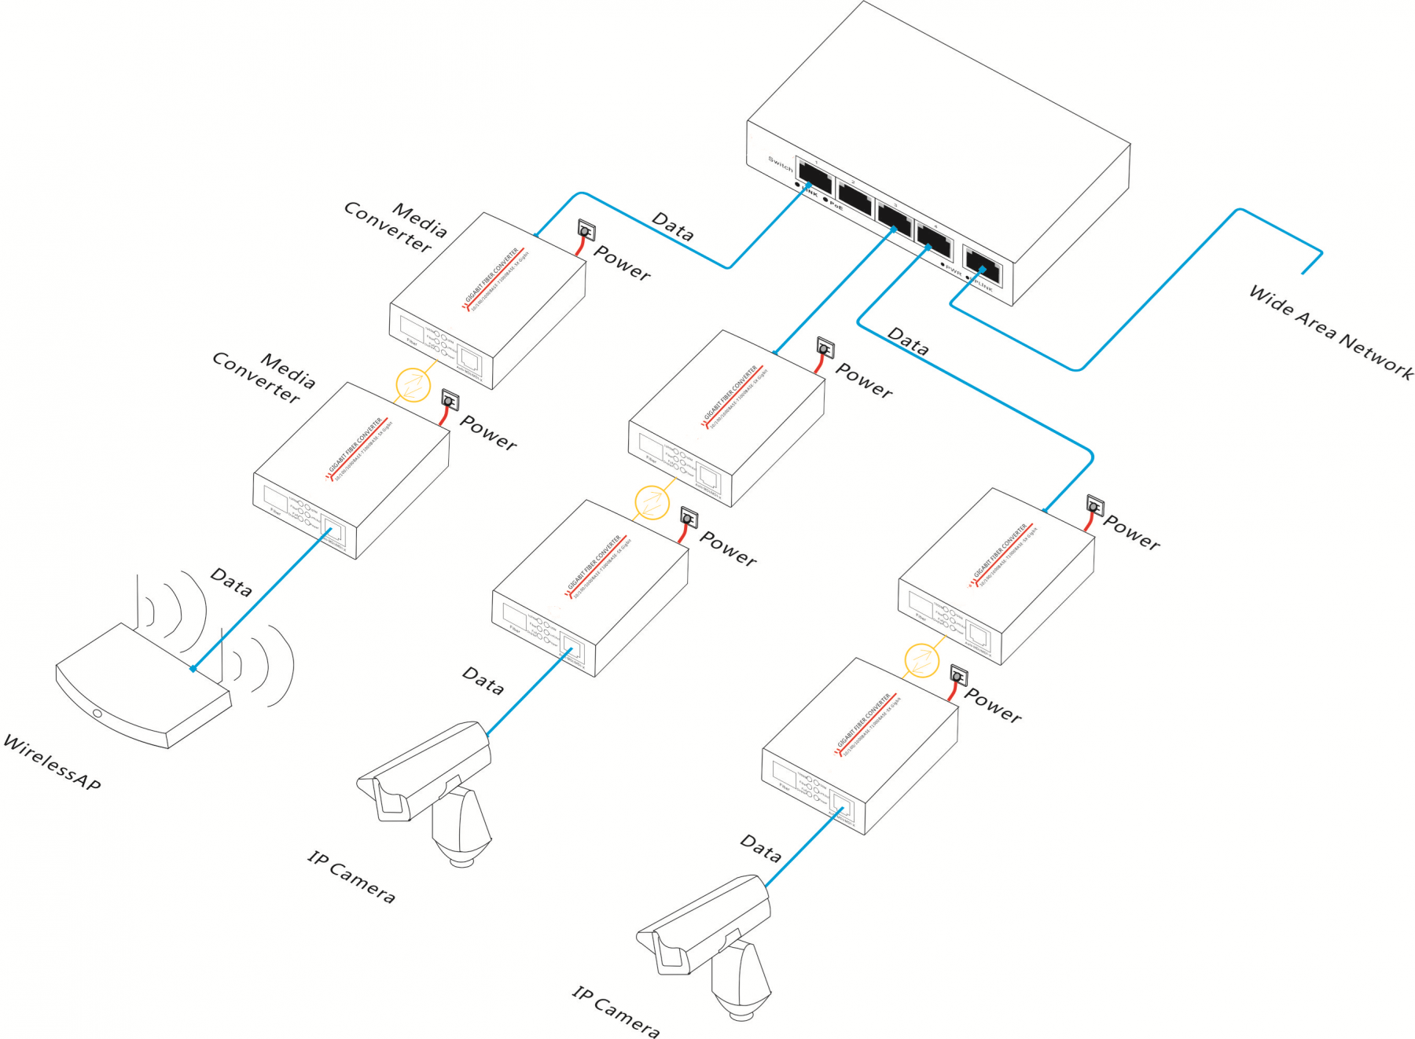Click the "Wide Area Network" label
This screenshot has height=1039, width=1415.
[x=1330, y=332]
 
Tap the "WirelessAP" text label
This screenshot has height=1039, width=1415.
[x=52, y=762]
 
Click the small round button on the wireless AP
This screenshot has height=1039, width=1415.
[x=97, y=714]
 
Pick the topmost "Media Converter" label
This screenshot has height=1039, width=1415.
[x=396, y=227]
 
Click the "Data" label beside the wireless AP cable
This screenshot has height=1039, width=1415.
[x=231, y=582]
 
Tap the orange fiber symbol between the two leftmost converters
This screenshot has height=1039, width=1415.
[x=413, y=384]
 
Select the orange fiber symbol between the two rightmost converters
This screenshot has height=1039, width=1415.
[x=921, y=659]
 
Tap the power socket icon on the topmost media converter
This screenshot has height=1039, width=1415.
[x=586, y=230]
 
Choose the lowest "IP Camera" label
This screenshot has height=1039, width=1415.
[x=616, y=1012]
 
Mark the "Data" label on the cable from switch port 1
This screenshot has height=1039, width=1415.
[x=673, y=226]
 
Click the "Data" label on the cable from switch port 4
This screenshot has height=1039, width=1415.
[x=908, y=341]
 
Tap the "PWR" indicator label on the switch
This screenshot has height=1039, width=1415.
[x=954, y=270]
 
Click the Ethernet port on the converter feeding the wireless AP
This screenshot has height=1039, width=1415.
[x=333, y=531]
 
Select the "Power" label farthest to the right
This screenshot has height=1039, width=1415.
[x=1131, y=532]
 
